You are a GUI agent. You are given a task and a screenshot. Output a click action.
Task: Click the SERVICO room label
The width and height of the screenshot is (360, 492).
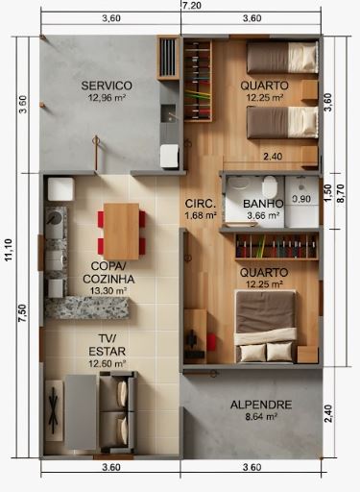(x=107, y=86)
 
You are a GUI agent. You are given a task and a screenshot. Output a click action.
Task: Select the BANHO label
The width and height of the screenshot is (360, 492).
(x=262, y=204)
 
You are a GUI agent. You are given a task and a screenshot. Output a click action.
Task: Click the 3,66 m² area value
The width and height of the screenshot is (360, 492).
(x=262, y=216)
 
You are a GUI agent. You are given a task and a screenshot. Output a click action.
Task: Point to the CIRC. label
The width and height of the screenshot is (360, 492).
(x=200, y=204)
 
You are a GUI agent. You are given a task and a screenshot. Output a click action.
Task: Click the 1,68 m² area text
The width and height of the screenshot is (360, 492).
(x=202, y=216)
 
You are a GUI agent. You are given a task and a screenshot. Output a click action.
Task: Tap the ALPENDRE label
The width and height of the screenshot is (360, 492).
(x=260, y=405)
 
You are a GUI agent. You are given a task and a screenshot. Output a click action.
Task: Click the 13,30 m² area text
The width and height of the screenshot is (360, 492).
(x=107, y=291)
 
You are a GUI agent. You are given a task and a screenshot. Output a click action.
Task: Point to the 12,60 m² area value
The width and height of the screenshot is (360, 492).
(x=107, y=364)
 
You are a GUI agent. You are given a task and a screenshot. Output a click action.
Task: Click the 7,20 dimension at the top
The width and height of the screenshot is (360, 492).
(x=190, y=6)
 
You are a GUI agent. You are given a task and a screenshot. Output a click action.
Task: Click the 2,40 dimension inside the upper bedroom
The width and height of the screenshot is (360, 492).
(x=272, y=156)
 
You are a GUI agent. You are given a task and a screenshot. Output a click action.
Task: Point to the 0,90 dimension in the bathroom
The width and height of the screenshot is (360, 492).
(x=301, y=199)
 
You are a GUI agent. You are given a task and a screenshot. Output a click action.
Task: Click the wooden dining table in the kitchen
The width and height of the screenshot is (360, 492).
(x=121, y=230)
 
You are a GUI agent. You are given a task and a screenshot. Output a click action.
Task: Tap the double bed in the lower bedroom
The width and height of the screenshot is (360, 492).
(x=266, y=325)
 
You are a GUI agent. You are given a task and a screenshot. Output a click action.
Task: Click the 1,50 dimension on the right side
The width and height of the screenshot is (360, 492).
(x=327, y=189)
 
